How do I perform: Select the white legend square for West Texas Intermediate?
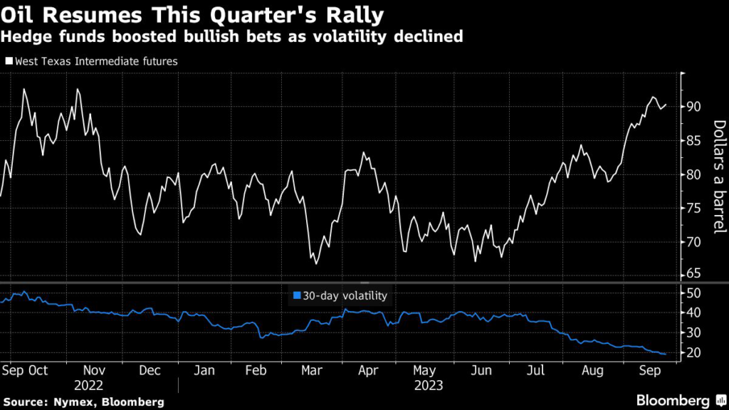[9, 61]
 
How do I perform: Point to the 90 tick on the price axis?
[695, 107]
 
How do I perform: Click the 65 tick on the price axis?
[695, 274]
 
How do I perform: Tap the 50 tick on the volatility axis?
[695, 293]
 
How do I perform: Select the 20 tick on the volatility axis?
[695, 353]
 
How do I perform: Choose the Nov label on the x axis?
[94, 371]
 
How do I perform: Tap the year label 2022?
[93, 386]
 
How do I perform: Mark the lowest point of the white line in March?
[316, 263]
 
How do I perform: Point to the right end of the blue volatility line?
[666, 354]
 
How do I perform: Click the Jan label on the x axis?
[204, 371]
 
